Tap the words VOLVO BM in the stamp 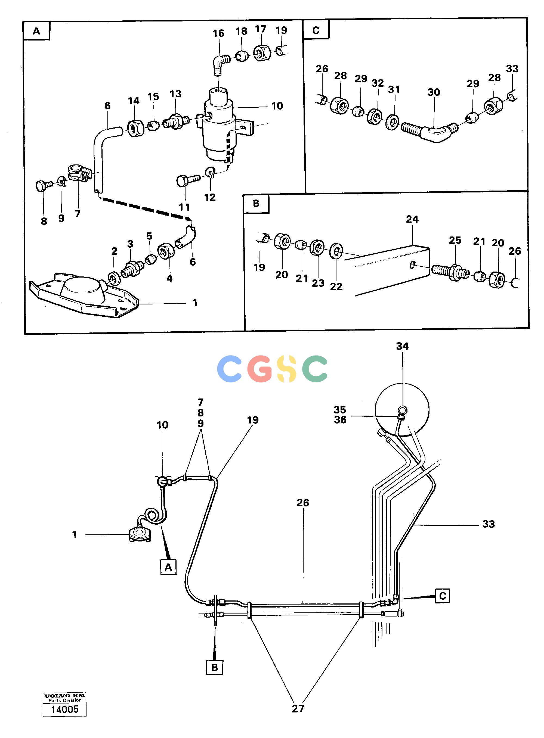65,696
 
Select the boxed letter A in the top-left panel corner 36,31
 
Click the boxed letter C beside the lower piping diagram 442,596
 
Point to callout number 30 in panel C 434,92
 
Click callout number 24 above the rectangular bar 412,219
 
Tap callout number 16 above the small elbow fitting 218,33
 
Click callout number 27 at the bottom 298,709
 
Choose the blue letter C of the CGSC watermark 230,369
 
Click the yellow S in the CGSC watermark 285,369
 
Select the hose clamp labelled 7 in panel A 79,172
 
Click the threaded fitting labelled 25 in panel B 450,272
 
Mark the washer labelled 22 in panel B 336,251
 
